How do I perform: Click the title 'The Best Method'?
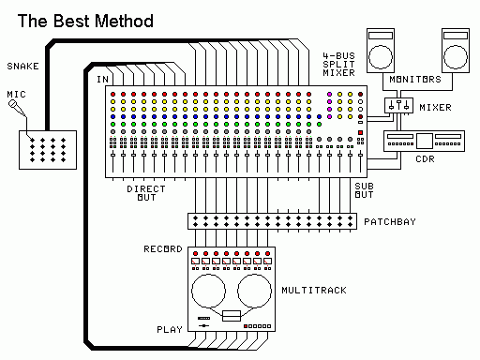point(85,22)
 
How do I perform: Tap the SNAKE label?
point(22,67)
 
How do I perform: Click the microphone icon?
point(17,108)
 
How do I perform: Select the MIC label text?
point(16,94)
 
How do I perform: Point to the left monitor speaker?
point(381,51)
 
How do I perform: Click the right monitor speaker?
point(456,51)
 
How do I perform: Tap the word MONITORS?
point(415,80)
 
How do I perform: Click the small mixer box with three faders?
point(398,105)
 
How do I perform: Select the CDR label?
point(425,159)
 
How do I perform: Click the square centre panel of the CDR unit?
point(425,141)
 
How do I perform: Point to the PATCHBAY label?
point(390,222)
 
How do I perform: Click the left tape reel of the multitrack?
point(208,292)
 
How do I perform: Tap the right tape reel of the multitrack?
point(254,292)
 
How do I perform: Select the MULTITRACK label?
point(314,291)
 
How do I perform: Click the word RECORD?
point(163,249)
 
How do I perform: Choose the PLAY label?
point(170,330)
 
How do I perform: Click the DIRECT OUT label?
point(146,193)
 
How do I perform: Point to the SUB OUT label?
point(364,190)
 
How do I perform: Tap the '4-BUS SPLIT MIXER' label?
point(338,65)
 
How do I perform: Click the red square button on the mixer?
point(360,132)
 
